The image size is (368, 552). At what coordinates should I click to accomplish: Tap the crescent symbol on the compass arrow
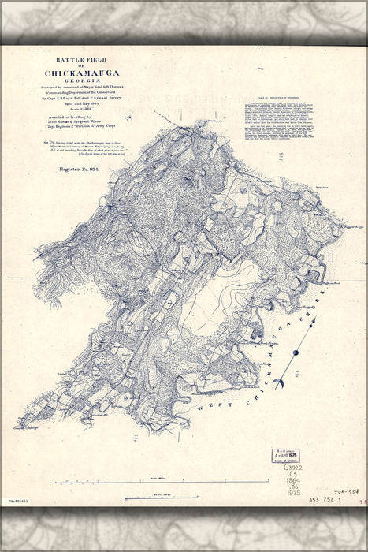point(279,383)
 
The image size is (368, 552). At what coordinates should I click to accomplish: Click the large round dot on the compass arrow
point(296,352)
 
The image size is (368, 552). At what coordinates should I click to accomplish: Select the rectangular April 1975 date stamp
point(285,454)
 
